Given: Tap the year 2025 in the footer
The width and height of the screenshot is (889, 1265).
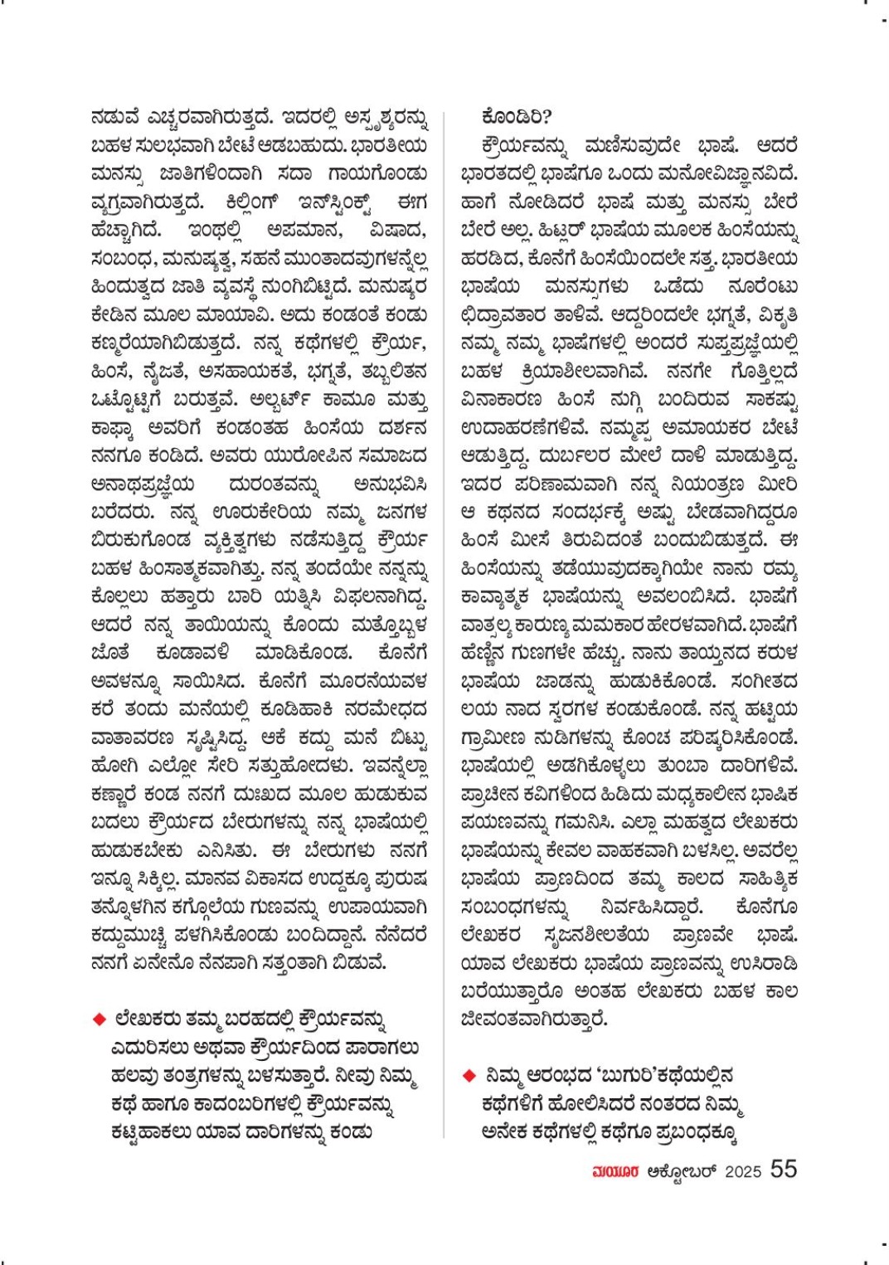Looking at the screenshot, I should coord(742,1171).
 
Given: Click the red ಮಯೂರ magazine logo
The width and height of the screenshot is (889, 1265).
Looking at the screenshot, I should coord(615,1171).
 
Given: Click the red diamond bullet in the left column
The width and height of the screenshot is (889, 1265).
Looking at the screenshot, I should coord(100,1018).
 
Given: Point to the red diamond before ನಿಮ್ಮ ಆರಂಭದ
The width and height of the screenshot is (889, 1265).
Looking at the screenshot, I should coord(469,1076).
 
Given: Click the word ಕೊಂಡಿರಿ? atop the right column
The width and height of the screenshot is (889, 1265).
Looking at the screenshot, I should coord(516,117).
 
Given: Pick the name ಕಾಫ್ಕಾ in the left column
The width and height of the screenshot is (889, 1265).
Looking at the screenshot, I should coord(114,428).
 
